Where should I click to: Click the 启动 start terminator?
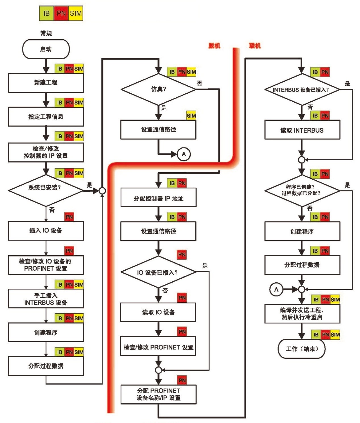(x=46, y=49)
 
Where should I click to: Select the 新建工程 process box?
(x=46, y=83)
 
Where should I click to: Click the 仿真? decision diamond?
(x=158, y=89)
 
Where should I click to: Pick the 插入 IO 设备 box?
(x=46, y=231)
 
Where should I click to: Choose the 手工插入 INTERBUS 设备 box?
(x=46, y=299)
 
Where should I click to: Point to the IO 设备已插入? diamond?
(x=158, y=272)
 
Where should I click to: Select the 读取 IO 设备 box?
(x=158, y=312)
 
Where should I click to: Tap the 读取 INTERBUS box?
(x=302, y=130)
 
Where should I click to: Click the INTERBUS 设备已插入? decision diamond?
(x=302, y=89)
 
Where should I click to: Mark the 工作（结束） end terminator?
(x=302, y=348)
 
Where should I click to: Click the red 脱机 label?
(x=214, y=46)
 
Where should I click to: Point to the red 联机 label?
(x=255, y=46)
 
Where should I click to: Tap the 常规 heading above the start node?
(x=46, y=33)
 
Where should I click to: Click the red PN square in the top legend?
(x=61, y=13)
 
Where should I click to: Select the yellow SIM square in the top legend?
(x=76, y=13)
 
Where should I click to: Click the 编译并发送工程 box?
(x=302, y=313)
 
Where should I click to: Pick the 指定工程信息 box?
(x=46, y=116)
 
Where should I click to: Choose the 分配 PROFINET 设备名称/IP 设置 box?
(x=158, y=394)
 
